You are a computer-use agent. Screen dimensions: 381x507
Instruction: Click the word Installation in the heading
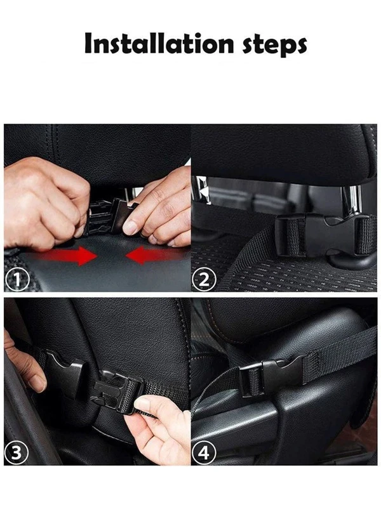[x=159, y=43]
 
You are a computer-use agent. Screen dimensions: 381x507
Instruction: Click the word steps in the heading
[x=274, y=46]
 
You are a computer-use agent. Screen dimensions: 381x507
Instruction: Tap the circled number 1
[x=18, y=280]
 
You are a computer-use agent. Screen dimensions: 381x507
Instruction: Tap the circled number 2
[x=204, y=280]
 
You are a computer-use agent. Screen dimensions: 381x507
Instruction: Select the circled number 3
[x=17, y=453]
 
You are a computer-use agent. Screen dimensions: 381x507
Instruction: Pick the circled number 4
[x=204, y=453]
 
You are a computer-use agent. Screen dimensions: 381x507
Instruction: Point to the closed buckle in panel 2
[x=325, y=235]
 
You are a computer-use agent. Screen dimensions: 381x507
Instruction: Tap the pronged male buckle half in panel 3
[x=117, y=391]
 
